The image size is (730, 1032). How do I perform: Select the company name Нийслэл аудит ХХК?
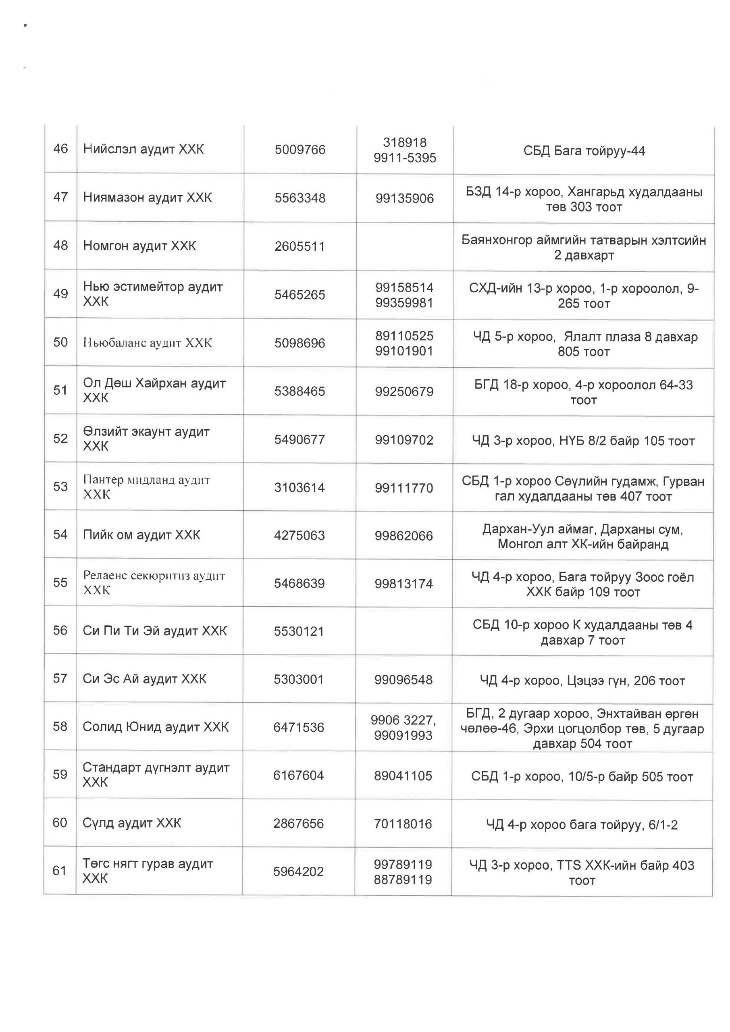(x=144, y=149)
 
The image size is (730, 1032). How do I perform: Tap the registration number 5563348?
(x=300, y=198)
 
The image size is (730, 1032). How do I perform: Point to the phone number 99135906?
(x=405, y=198)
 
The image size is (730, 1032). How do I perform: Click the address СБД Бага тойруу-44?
(x=584, y=151)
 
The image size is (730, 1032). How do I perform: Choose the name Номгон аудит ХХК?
(x=140, y=246)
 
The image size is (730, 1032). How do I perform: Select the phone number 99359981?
(x=404, y=302)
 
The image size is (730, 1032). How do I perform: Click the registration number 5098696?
(x=300, y=343)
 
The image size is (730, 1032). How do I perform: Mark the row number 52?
(x=60, y=438)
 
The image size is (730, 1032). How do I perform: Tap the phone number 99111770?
(x=403, y=488)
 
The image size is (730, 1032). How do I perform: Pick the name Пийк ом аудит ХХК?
(x=141, y=535)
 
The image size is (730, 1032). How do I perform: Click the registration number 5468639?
(x=299, y=583)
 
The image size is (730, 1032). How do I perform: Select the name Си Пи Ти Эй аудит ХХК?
(x=155, y=630)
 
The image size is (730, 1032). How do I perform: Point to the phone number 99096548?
(x=403, y=679)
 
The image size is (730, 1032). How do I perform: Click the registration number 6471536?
(x=298, y=727)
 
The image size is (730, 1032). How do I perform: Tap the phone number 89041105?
(x=403, y=775)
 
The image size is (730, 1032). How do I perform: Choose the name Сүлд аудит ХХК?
(x=132, y=823)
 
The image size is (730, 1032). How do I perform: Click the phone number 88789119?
(x=403, y=880)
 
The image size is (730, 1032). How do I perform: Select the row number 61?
(x=59, y=871)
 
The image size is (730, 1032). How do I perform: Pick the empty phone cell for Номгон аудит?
(x=405, y=246)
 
